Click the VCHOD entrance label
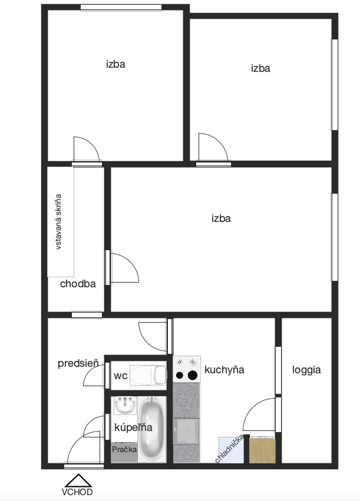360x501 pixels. coord(77,492)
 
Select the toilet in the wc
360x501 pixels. coord(148,375)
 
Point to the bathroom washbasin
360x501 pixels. coord(125,406)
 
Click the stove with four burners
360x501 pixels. coord(187,369)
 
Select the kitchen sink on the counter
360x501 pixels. coord(187,432)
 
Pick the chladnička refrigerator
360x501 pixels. coord(231,450)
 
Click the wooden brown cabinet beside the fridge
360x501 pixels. coord(262,450)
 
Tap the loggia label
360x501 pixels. coord(306,370)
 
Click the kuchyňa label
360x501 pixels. coord(224,370)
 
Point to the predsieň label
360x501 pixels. coord(78,364)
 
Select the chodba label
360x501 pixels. coord(78,284)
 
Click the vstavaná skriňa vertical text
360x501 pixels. coord(58,221)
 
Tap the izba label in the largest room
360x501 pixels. coord(221,218)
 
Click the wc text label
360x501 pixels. coord(121,376)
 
